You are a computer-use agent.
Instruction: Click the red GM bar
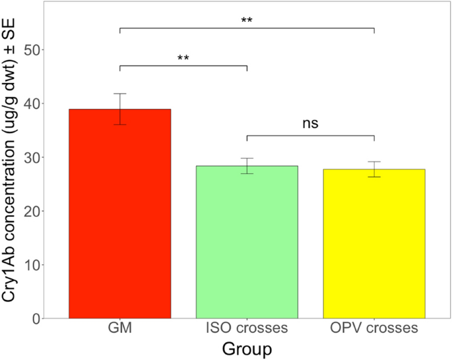click(120, 214)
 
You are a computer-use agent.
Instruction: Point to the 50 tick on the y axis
click(31, 50)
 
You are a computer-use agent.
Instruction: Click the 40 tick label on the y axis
click(31, 104)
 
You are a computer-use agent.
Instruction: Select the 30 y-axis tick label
click(31, 158)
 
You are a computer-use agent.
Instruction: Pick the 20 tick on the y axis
click(31, 211)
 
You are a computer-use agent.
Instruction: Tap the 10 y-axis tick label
click(31, 265)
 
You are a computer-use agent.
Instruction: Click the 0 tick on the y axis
click(35, 318)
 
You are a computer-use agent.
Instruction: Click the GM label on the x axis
click(120, 329)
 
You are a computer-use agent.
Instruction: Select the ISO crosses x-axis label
click(247, 329)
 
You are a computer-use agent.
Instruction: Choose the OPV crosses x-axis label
click(374, 329)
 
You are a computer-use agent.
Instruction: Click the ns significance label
click(310, 123)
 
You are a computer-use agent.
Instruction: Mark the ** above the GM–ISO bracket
click(183, 58)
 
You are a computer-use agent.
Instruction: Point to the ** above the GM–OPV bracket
click(247, 20)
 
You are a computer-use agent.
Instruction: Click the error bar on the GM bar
click(120, 109)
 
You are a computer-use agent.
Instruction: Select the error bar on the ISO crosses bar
click(247, 165)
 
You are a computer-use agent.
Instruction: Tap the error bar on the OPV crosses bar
click(374, 169)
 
